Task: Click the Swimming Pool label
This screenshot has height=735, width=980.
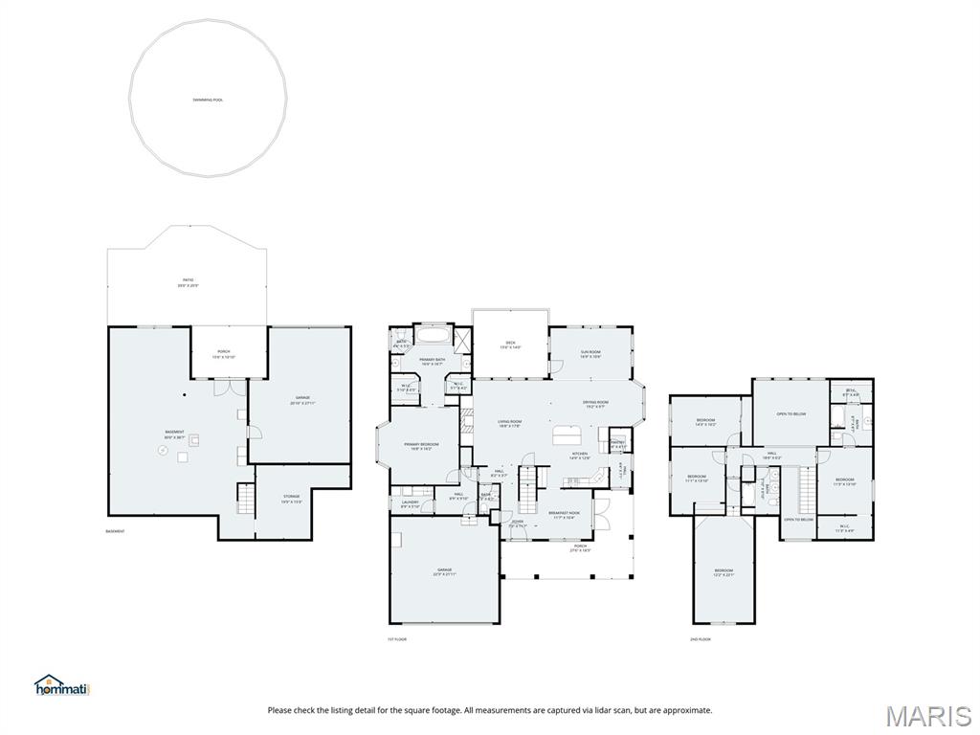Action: click(207, 100)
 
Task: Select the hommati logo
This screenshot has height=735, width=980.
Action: click(61, 685)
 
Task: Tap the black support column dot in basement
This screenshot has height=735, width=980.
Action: click(186, 394)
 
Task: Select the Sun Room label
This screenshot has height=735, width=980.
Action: click(590, 354)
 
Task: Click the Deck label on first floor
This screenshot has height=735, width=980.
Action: click(510, 345)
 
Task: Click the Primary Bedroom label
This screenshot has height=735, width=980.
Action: click(421, 446)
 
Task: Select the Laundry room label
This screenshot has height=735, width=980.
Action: click(411, 503)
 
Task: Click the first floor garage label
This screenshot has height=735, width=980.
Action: click(444, 571)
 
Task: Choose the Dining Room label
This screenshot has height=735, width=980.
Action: click(595, 404)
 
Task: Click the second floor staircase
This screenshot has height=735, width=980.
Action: click(806, 488)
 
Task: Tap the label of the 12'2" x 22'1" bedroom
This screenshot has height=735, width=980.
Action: click(724, 571)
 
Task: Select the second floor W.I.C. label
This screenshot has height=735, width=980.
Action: click(845, 527)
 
